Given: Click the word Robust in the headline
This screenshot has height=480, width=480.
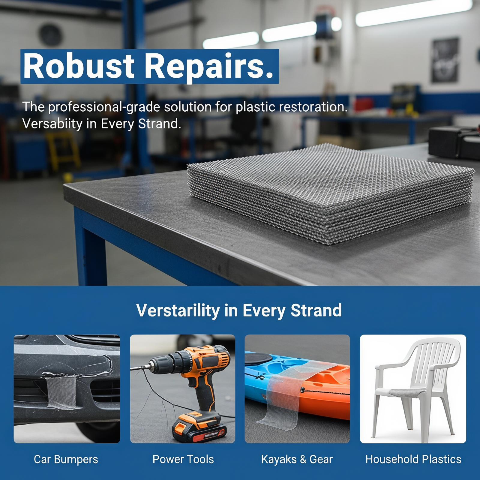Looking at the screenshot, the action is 79,66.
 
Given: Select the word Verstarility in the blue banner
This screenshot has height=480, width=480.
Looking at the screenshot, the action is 178,310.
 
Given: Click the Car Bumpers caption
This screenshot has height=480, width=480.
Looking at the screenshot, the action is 66,459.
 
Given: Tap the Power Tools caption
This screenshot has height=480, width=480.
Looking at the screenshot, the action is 183,459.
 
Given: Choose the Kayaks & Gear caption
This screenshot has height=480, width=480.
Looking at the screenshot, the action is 297,459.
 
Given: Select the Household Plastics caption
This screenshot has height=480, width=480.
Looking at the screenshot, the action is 413,459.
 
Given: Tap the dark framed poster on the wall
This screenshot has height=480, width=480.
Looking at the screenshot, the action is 445,60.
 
